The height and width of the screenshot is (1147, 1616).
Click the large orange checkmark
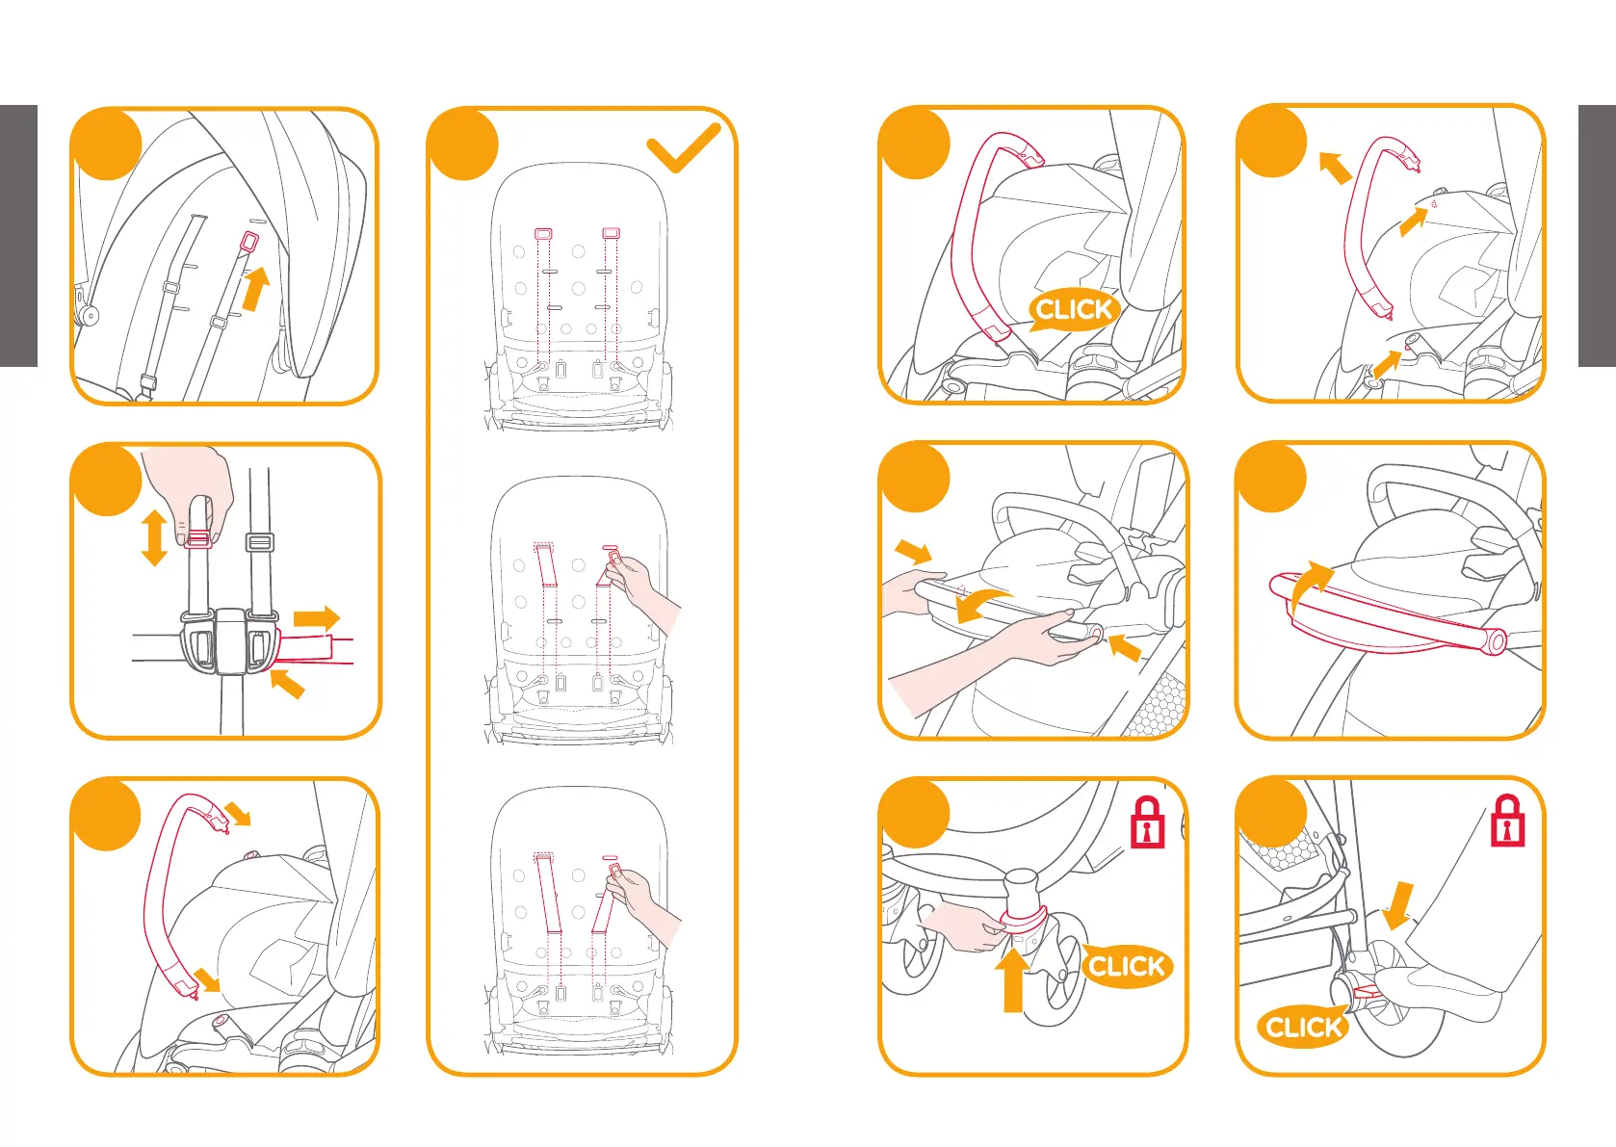683,148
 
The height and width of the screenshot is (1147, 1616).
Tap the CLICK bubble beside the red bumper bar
1074,310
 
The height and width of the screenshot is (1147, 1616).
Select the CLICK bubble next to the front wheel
1126,966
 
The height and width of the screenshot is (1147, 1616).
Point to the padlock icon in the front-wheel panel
1147,823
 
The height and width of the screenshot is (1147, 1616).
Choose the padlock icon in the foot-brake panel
1507,821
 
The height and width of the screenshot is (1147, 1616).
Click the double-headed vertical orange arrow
154,537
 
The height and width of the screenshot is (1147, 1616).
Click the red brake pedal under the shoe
1366,990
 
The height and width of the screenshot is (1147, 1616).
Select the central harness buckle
230,640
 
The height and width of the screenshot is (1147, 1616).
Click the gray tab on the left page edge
18,236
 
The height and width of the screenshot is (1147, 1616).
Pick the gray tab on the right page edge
1597,236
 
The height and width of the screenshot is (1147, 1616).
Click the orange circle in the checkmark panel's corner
463,144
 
